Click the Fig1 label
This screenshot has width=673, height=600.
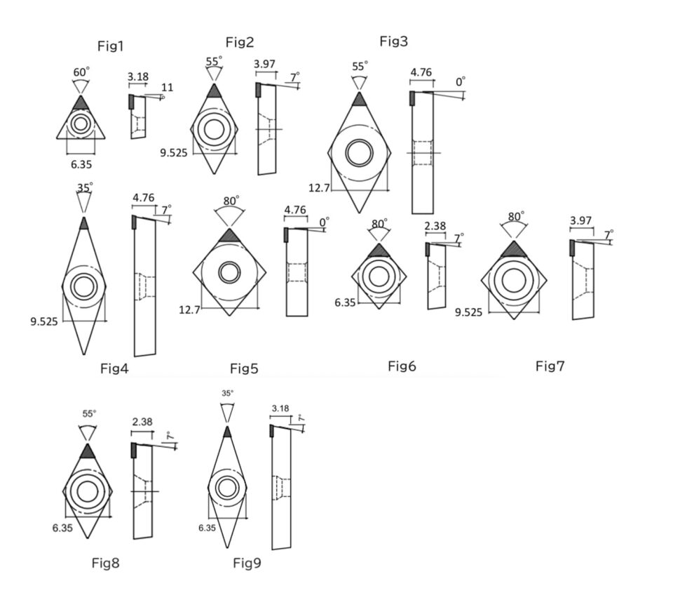(110, 47)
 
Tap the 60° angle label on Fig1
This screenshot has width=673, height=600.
(81, 72)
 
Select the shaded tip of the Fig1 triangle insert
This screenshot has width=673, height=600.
(81, 104)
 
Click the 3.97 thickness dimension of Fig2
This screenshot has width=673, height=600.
(264, 64)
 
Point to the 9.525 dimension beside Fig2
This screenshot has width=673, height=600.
(174, 152)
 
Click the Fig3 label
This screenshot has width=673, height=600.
(393, 41)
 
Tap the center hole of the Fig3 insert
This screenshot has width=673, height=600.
(359, 153)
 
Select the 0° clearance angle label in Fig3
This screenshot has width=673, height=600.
(460, 82)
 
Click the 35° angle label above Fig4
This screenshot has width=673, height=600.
(84, 187)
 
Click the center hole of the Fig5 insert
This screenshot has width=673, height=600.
(229, 272)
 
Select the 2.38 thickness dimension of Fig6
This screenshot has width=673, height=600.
(435, 227)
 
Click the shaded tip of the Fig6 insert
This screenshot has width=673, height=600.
(379, 251)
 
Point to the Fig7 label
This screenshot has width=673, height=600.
(550, 366)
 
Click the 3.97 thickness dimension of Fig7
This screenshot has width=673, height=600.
(581, 221)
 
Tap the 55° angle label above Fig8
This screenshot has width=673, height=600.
(88, 414)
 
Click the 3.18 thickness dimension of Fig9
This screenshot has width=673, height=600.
(280, 408)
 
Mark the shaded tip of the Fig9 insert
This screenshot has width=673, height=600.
(226, 432)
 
